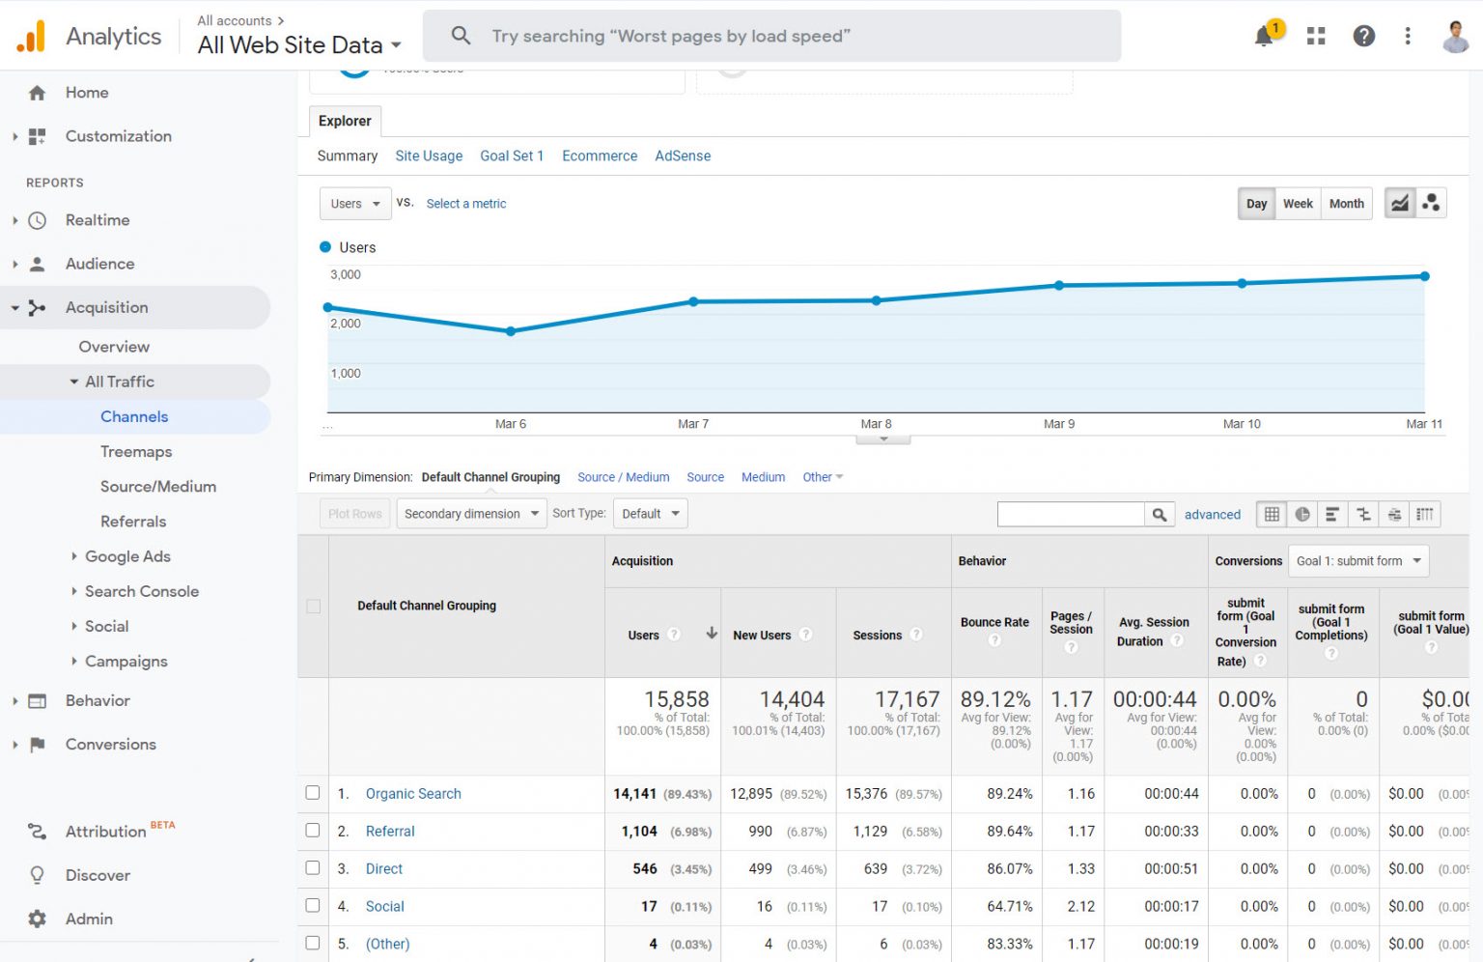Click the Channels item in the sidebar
pos(134,416)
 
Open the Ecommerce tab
pos(600,156)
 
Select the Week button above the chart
pos(1298,204)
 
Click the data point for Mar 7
pos(693,302)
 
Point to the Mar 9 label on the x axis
pos(1058,424)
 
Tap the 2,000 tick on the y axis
pos(346,324)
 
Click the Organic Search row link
pos(413,794)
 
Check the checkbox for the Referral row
pos(313,831)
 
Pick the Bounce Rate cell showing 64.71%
pos(1009,906)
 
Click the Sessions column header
pos(878,635)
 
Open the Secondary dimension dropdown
pos(471,514)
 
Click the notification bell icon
pos(1264,37)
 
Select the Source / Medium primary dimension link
pos(623,477)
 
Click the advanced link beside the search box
pos(1212,515)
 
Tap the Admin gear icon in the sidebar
pos(38,919)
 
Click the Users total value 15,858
pos(677,699)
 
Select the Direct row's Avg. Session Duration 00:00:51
pos(1171,868)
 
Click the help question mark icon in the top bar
pos(1363,37)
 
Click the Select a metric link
pos(466,204)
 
